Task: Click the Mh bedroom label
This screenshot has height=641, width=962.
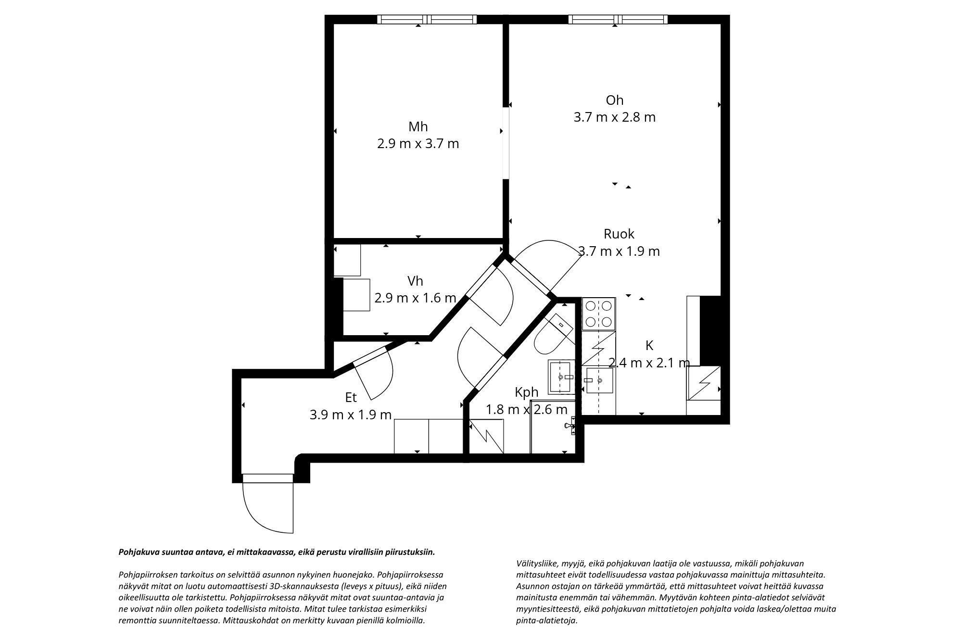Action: [x=418, y=127]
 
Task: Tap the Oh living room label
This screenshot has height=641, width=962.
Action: [x=614, y=100]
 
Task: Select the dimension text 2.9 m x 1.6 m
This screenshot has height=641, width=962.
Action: [x=415, y=298]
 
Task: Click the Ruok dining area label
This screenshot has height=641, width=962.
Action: [x=619, y=234]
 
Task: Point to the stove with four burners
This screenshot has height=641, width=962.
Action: [x=598, y=314]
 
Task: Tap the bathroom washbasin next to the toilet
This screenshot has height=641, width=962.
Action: [x=561, y=377]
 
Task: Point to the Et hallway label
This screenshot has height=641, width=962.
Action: [x=351, y=398]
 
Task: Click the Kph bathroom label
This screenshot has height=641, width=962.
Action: [x=526, y=392]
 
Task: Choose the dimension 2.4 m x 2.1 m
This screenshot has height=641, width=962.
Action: [x=649, y=363]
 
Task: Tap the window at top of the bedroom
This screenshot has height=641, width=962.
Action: [x=427, y=19]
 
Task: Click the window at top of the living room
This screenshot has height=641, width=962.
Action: [x=618, y=19]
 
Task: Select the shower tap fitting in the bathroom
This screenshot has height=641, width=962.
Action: [x=570, y=426]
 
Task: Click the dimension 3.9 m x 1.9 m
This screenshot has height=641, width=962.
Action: [x=350, y=415]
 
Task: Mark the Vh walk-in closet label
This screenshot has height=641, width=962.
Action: [x=415, y=281]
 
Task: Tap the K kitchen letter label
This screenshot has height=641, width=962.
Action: [x=649, y=345]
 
